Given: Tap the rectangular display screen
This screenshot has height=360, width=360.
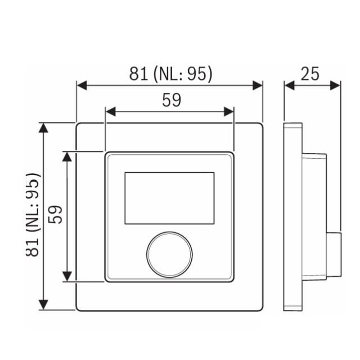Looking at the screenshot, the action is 169,198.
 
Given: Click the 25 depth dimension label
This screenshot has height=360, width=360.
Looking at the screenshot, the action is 310,74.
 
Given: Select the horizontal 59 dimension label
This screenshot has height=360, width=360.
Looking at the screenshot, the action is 172,100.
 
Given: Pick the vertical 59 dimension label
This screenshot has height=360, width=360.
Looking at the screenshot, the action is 55,214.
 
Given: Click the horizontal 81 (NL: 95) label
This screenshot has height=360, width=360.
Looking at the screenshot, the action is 170,74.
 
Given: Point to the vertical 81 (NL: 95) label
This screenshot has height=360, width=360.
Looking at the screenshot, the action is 33,215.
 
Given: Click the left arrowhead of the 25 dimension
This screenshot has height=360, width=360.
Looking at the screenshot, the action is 290,85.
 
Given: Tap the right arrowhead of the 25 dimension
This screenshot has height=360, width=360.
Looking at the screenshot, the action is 335,85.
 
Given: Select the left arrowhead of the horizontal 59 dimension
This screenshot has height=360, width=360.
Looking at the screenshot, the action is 111,111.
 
